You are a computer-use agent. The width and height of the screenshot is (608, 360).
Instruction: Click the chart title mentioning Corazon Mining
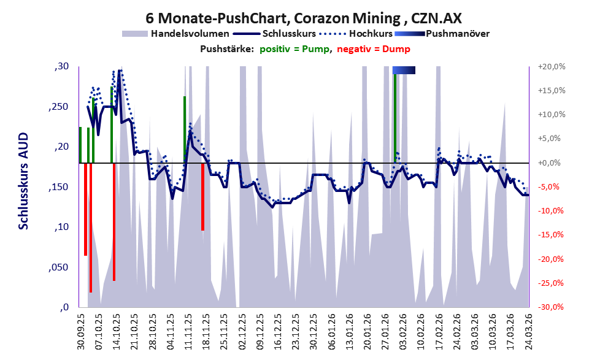pos(304,18)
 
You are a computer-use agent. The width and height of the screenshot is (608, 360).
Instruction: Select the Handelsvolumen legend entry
pos(175,34)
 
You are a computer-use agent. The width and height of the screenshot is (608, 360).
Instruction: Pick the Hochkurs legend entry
pos(356,34)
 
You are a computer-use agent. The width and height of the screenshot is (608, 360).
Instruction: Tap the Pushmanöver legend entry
pos(442,34)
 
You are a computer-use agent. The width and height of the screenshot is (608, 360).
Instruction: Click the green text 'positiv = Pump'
pos(294,49)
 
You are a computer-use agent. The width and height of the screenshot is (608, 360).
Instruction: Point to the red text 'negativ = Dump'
pos(374,49)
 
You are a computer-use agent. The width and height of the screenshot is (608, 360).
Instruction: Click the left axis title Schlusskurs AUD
pos(24,181)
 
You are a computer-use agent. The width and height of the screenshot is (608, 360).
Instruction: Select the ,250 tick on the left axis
pos(58,107)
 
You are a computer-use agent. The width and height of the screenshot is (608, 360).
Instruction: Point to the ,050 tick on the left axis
pos(58,267)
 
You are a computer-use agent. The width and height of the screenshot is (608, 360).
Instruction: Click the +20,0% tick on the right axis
pos(552,67)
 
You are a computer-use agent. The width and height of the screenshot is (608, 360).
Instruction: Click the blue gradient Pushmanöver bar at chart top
pos(404,70)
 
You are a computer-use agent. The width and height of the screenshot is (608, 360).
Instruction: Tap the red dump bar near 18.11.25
pos(202,197)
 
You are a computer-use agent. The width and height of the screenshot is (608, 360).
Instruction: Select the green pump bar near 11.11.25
pos(185,130)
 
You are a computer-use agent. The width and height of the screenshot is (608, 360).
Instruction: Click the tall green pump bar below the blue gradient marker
pos(395,118)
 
